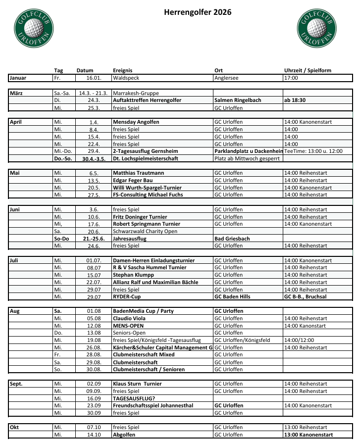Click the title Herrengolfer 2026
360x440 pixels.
191,12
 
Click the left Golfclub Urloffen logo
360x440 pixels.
33,28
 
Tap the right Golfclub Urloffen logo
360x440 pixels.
316,28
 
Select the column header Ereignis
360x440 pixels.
123,71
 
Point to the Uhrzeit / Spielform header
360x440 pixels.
307,71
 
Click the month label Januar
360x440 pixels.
18,78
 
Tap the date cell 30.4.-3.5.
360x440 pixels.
93,158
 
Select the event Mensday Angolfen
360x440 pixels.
136,122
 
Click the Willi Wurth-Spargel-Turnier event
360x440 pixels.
147,188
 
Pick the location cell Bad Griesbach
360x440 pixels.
232,239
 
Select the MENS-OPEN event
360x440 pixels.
128,326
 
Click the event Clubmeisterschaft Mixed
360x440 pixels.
144,355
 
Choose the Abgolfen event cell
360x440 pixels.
125,435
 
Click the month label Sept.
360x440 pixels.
16,384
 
